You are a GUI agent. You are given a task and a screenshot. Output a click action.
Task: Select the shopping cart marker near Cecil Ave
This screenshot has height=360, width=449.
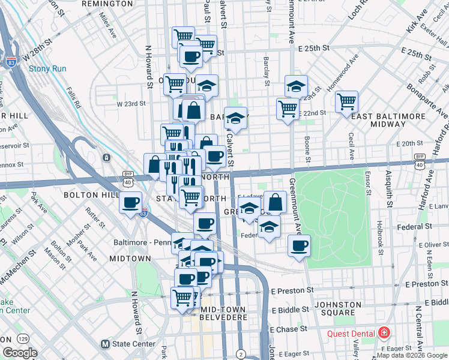point(346,101)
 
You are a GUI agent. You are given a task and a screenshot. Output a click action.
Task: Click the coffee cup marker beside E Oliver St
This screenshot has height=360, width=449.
point(298,245)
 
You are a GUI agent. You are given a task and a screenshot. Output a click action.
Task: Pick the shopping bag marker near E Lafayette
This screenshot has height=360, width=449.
point(275,202)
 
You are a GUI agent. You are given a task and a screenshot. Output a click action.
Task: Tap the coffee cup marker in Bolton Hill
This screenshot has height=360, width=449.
point(130,202)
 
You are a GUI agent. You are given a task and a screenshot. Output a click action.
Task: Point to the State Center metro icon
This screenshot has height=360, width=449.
point(106,344)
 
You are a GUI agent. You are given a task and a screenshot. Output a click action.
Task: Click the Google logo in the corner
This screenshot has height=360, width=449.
point(20,353)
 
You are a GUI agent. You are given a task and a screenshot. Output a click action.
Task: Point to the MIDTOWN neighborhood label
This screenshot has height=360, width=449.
point(130,258)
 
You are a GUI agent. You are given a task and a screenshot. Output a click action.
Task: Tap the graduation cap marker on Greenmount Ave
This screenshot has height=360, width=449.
point(295,86)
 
